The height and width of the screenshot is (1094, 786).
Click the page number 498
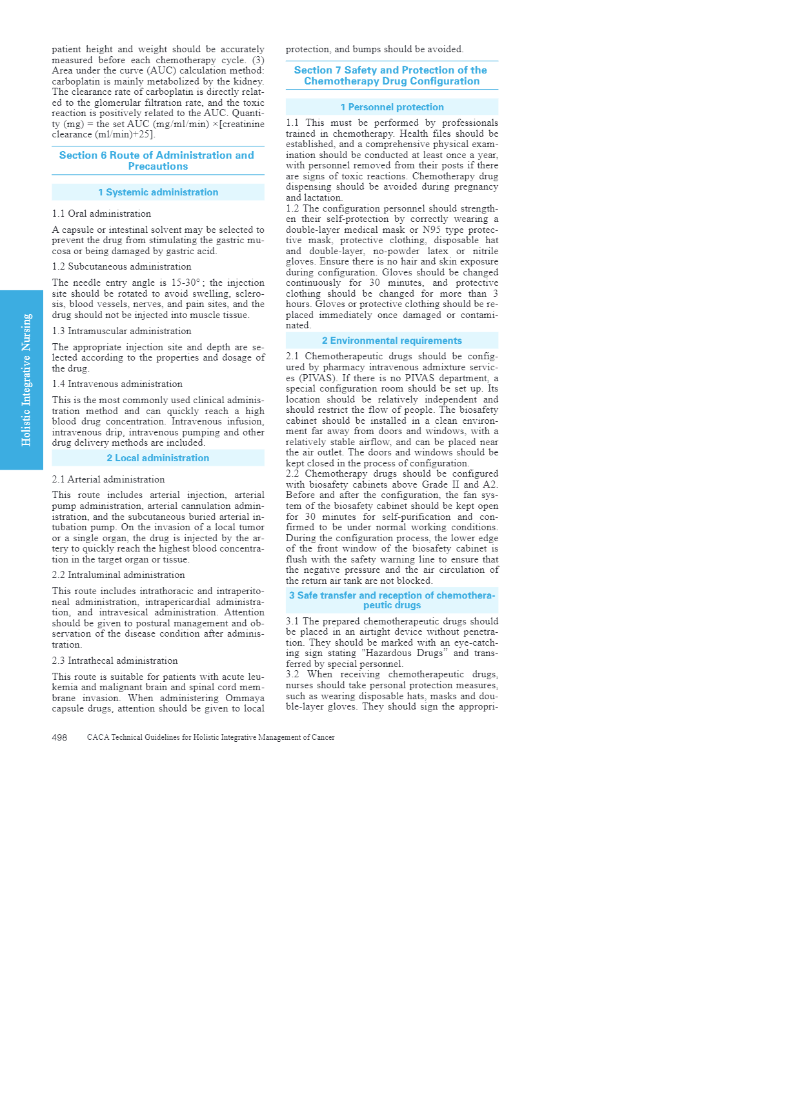pyautogui.click(x=59, y=737)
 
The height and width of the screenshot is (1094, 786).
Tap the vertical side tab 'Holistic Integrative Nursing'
pyautogui.click(x=26, y=380)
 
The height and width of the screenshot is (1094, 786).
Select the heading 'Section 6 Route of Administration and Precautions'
pyautogui.click(x=157, y=161)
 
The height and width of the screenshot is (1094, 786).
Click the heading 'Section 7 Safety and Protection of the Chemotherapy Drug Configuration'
pyautogui.click(x=391, y=75)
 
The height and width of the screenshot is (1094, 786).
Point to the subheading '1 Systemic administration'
pyautogui.click(x=158, y=192)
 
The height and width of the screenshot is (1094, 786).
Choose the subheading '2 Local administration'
pyautogui.click(x=158, y=458)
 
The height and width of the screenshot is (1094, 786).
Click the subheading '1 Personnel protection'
pyautogui.click(x=392, y=107)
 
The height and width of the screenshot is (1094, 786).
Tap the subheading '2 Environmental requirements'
pyautogui.click(x=392, y=341)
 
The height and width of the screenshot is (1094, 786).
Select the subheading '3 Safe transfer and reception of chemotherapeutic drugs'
pyautogui.click(x=392, y=600)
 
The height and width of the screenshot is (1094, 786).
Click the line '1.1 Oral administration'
pyautogui.click(x=101, y=214)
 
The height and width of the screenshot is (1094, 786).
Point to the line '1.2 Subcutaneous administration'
pyautogui.click(x=121, y=266)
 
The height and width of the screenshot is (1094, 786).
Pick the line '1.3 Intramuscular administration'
pyautogui.click(x=121, y=331)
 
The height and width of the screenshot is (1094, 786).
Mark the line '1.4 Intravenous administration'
pyautogui.click(x=117, y=384)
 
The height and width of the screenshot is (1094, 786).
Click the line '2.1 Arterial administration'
pyautogui.click(x=108, y=479)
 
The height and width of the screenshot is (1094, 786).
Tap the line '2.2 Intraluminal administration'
pyautogui.click(x=118, y=575)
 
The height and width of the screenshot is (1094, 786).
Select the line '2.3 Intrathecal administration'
pyautogui.click(x=115, y=661)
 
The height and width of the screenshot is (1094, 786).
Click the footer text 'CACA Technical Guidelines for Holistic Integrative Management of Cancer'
pyautogui.click(x=210, y=737)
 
